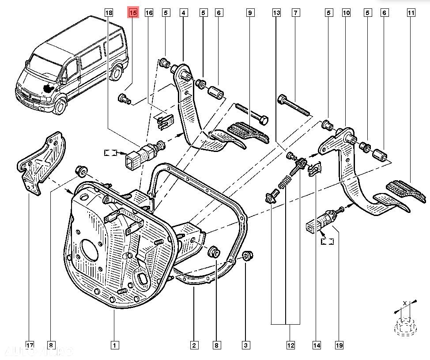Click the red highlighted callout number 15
pyautogui.click(x=133, y=13)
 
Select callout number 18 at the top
pyautogui.click(x=109, y=13)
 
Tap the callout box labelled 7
pyautogui.click(x=295, y=13)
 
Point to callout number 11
pyautogui.click(x=411, y=13)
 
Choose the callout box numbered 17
pyautogui.click(x=30, y=345)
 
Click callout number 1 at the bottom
pyautogui.click(x=114, y=345)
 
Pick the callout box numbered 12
pyautogui.click(x=290, y=345)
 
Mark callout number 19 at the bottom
pyautogui.click(x=339, y=345)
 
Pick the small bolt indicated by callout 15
pyautogui.click(x=124, y=99)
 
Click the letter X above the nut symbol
pyautogui.click(x=404, y=303)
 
